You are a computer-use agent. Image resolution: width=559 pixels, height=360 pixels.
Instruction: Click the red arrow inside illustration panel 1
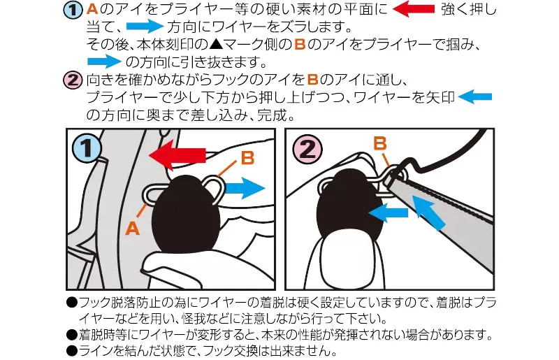pos(177,155)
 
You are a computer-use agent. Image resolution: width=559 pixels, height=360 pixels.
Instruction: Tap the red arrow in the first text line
pos(414,9)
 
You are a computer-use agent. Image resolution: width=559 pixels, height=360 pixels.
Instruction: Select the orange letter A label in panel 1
pos(132,228)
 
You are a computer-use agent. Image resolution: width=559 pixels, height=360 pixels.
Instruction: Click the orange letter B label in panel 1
pos(247,158)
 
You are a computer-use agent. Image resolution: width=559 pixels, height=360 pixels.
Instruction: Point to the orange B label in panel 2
pos(380,143)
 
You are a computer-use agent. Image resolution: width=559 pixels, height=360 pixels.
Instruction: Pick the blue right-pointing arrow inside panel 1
pos(245,188)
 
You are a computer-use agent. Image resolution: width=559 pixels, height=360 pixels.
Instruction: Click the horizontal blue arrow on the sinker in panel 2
pos(388,213)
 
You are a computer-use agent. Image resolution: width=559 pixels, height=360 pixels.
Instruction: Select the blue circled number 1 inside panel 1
pos(87,147)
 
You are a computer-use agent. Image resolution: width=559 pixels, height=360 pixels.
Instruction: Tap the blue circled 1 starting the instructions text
pos(73,10)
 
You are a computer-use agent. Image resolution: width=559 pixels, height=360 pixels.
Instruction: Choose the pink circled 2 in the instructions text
pos(73,80)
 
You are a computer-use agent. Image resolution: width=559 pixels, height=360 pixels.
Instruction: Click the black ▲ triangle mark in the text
pos(216,45)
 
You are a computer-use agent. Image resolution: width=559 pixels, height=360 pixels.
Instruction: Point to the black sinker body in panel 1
pos(185,214)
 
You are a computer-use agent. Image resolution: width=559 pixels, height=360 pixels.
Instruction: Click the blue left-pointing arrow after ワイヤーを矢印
pos(474,97)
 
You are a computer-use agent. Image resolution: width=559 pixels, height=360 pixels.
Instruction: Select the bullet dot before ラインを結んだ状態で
pos(72,351)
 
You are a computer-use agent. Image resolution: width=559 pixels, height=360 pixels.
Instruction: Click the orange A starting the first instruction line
pos(92,9)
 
